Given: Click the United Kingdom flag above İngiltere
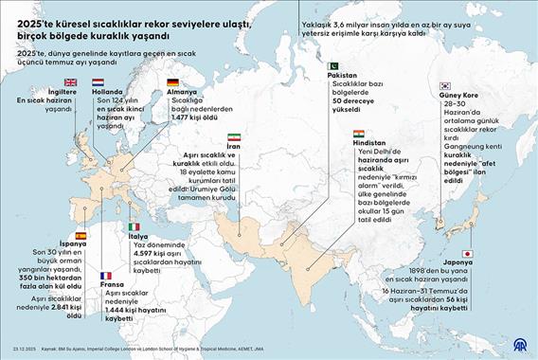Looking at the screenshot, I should click(71, 82).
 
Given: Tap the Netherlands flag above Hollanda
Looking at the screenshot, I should click(99, 82).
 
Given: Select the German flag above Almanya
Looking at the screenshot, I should click(171, 82).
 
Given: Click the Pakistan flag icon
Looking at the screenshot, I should click(332, 65).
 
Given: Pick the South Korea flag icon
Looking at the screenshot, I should click(444, 86).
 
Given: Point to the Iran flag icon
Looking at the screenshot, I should click(234, 138).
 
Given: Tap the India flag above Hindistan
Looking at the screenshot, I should click(357, 135).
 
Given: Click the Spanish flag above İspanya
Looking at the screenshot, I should click(81, 234).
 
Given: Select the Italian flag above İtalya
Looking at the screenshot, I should click(134, 226).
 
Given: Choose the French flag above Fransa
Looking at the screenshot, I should click(105, 276).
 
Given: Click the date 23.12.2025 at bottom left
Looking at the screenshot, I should click(22, 350).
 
